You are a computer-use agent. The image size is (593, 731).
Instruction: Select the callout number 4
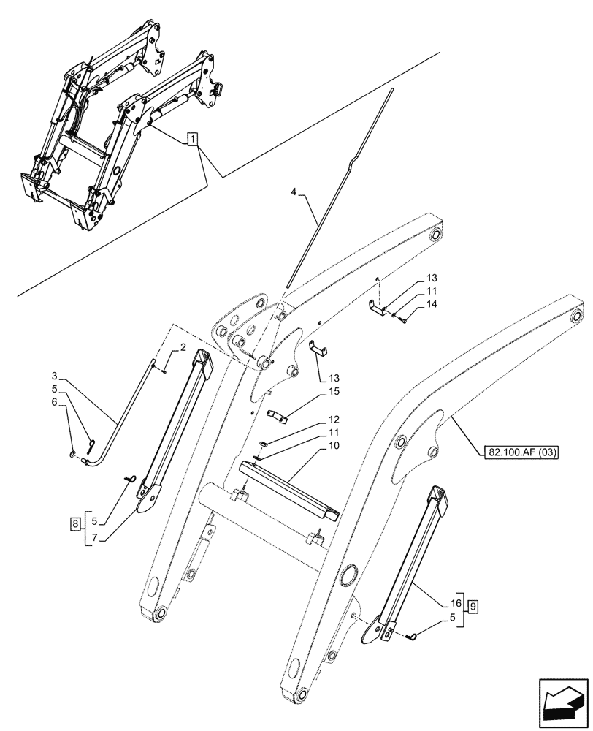coord(293,193)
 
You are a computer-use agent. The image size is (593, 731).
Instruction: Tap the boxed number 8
coord(75,523)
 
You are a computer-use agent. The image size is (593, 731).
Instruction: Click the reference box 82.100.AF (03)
coord(520,452)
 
